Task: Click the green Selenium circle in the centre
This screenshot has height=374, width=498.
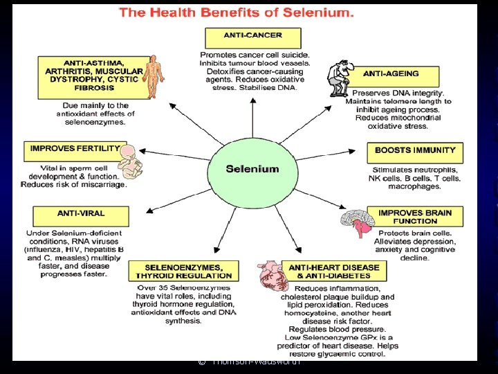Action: point(252,169)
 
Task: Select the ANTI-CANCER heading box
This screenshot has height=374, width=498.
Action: point(253,37)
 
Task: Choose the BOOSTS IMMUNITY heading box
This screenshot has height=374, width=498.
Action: point(415,150)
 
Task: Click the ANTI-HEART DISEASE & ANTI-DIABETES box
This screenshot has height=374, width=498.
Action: point(334,271)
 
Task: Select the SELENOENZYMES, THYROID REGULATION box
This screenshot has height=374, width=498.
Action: point(183,271)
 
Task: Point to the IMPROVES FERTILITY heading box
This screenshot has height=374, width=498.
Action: point(75,149)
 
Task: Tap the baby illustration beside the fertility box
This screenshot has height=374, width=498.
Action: point(129,163)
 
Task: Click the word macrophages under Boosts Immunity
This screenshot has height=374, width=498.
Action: point(414,187)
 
